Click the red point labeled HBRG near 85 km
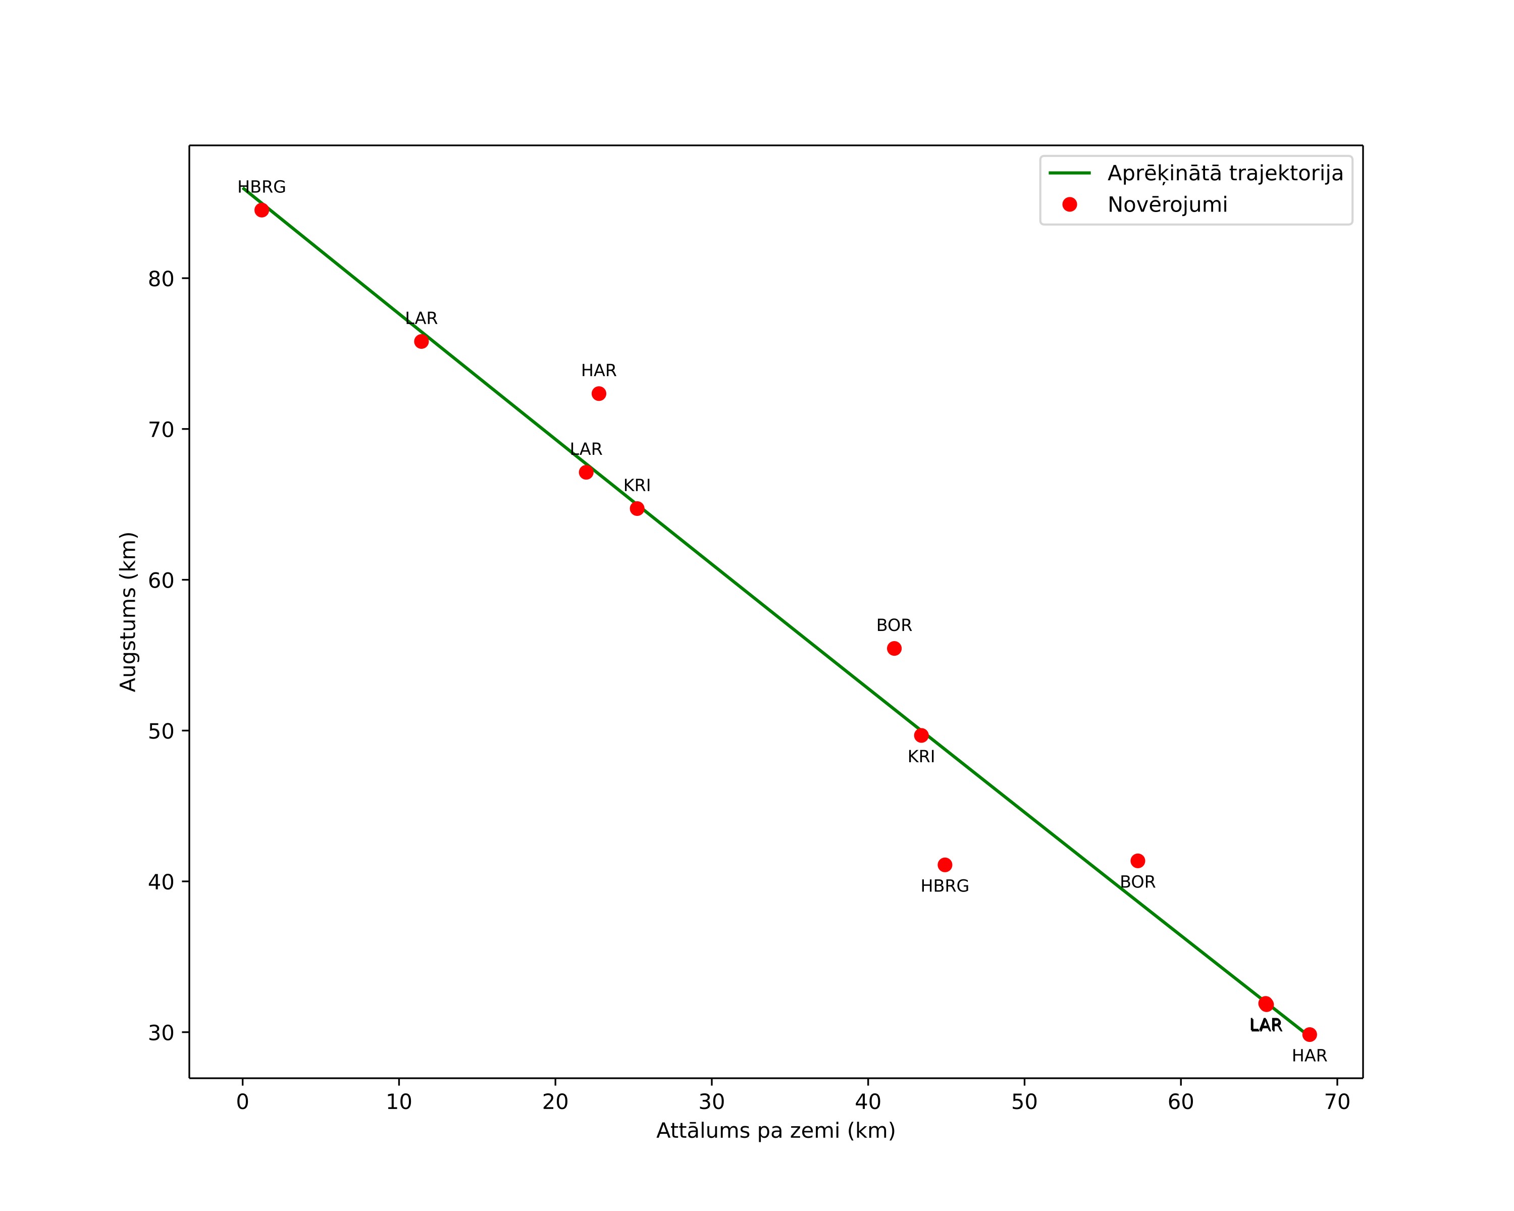262,210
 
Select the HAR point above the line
599,394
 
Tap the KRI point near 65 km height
637,508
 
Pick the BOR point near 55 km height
894,649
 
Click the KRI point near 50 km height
921,735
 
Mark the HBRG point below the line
945,865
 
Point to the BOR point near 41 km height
1137,861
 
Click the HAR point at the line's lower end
1310,1035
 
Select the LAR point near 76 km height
422,342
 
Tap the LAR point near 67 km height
586,472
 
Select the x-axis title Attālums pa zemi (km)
776,1131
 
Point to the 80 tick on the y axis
185,279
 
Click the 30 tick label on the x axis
712,1102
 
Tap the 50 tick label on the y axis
161,731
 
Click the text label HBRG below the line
945,886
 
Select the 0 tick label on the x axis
243,1102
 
